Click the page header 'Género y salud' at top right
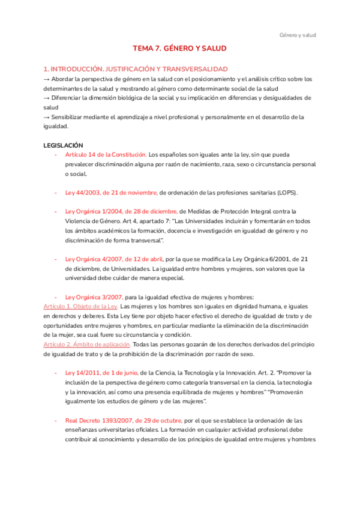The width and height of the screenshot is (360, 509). click(298, 35)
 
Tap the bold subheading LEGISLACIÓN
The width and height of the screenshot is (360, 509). click(64, 145)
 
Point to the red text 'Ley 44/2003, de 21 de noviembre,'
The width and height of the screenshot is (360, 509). click(111, 193)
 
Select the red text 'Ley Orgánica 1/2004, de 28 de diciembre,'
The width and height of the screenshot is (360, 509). click(121, 211)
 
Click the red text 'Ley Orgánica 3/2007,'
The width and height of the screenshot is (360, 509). click(94, 297)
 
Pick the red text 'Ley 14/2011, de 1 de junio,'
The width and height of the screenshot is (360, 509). click(101, 373)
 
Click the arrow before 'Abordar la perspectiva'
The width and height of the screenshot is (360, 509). click(47, 79)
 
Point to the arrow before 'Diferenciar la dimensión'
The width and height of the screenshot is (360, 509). click(47, 98)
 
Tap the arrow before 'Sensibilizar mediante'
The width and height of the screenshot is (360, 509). click(47, 117)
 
